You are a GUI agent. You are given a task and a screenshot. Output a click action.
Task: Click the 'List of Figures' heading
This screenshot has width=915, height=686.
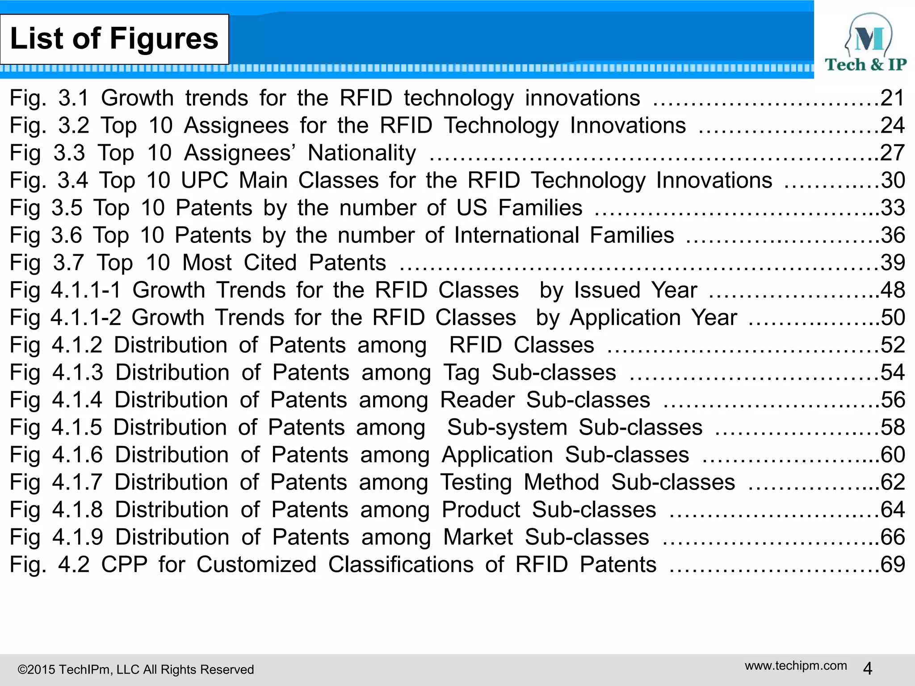pos(114,39)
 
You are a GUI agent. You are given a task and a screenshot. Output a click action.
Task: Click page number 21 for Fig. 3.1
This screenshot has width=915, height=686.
pos(892,98)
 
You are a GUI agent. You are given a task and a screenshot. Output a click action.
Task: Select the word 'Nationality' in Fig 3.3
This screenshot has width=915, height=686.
pos(362,153)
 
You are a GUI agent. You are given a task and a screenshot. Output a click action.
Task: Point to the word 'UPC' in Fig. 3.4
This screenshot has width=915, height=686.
pos(204,180)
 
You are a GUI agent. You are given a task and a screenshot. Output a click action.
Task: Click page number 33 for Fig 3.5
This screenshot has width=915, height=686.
pos(893,208)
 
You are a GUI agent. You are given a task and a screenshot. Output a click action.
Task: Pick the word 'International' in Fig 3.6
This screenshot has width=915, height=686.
pos(516,235)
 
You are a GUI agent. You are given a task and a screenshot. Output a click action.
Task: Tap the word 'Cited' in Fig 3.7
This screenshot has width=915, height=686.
pos(270,263)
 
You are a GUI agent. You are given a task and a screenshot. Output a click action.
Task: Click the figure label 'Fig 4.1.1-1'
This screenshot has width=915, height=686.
pos(65,290)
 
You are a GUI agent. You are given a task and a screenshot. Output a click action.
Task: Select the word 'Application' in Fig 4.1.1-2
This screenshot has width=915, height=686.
pos(625,318)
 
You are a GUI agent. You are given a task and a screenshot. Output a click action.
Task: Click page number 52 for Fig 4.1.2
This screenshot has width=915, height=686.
pos(893,345)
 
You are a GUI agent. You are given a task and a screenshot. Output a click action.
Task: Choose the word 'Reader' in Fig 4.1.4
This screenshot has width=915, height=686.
pos(477,400)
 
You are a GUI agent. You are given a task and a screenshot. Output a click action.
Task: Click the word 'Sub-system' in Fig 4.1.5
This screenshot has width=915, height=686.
pos(507,427)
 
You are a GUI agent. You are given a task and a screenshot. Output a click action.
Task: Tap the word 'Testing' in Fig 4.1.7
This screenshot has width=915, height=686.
pos(476,482)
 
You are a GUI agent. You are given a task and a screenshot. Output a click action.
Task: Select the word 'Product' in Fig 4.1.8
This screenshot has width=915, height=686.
pos(481,510)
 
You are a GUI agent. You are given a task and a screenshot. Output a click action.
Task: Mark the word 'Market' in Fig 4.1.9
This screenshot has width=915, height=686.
pos(478,537)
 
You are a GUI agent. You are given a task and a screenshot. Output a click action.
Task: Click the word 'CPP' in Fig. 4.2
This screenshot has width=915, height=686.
pos(124,565)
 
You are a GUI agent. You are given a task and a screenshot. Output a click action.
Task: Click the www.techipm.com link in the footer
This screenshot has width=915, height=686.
pos(796,665)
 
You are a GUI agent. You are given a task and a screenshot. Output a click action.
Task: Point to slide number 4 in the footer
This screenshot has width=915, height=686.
pos(868,669)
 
